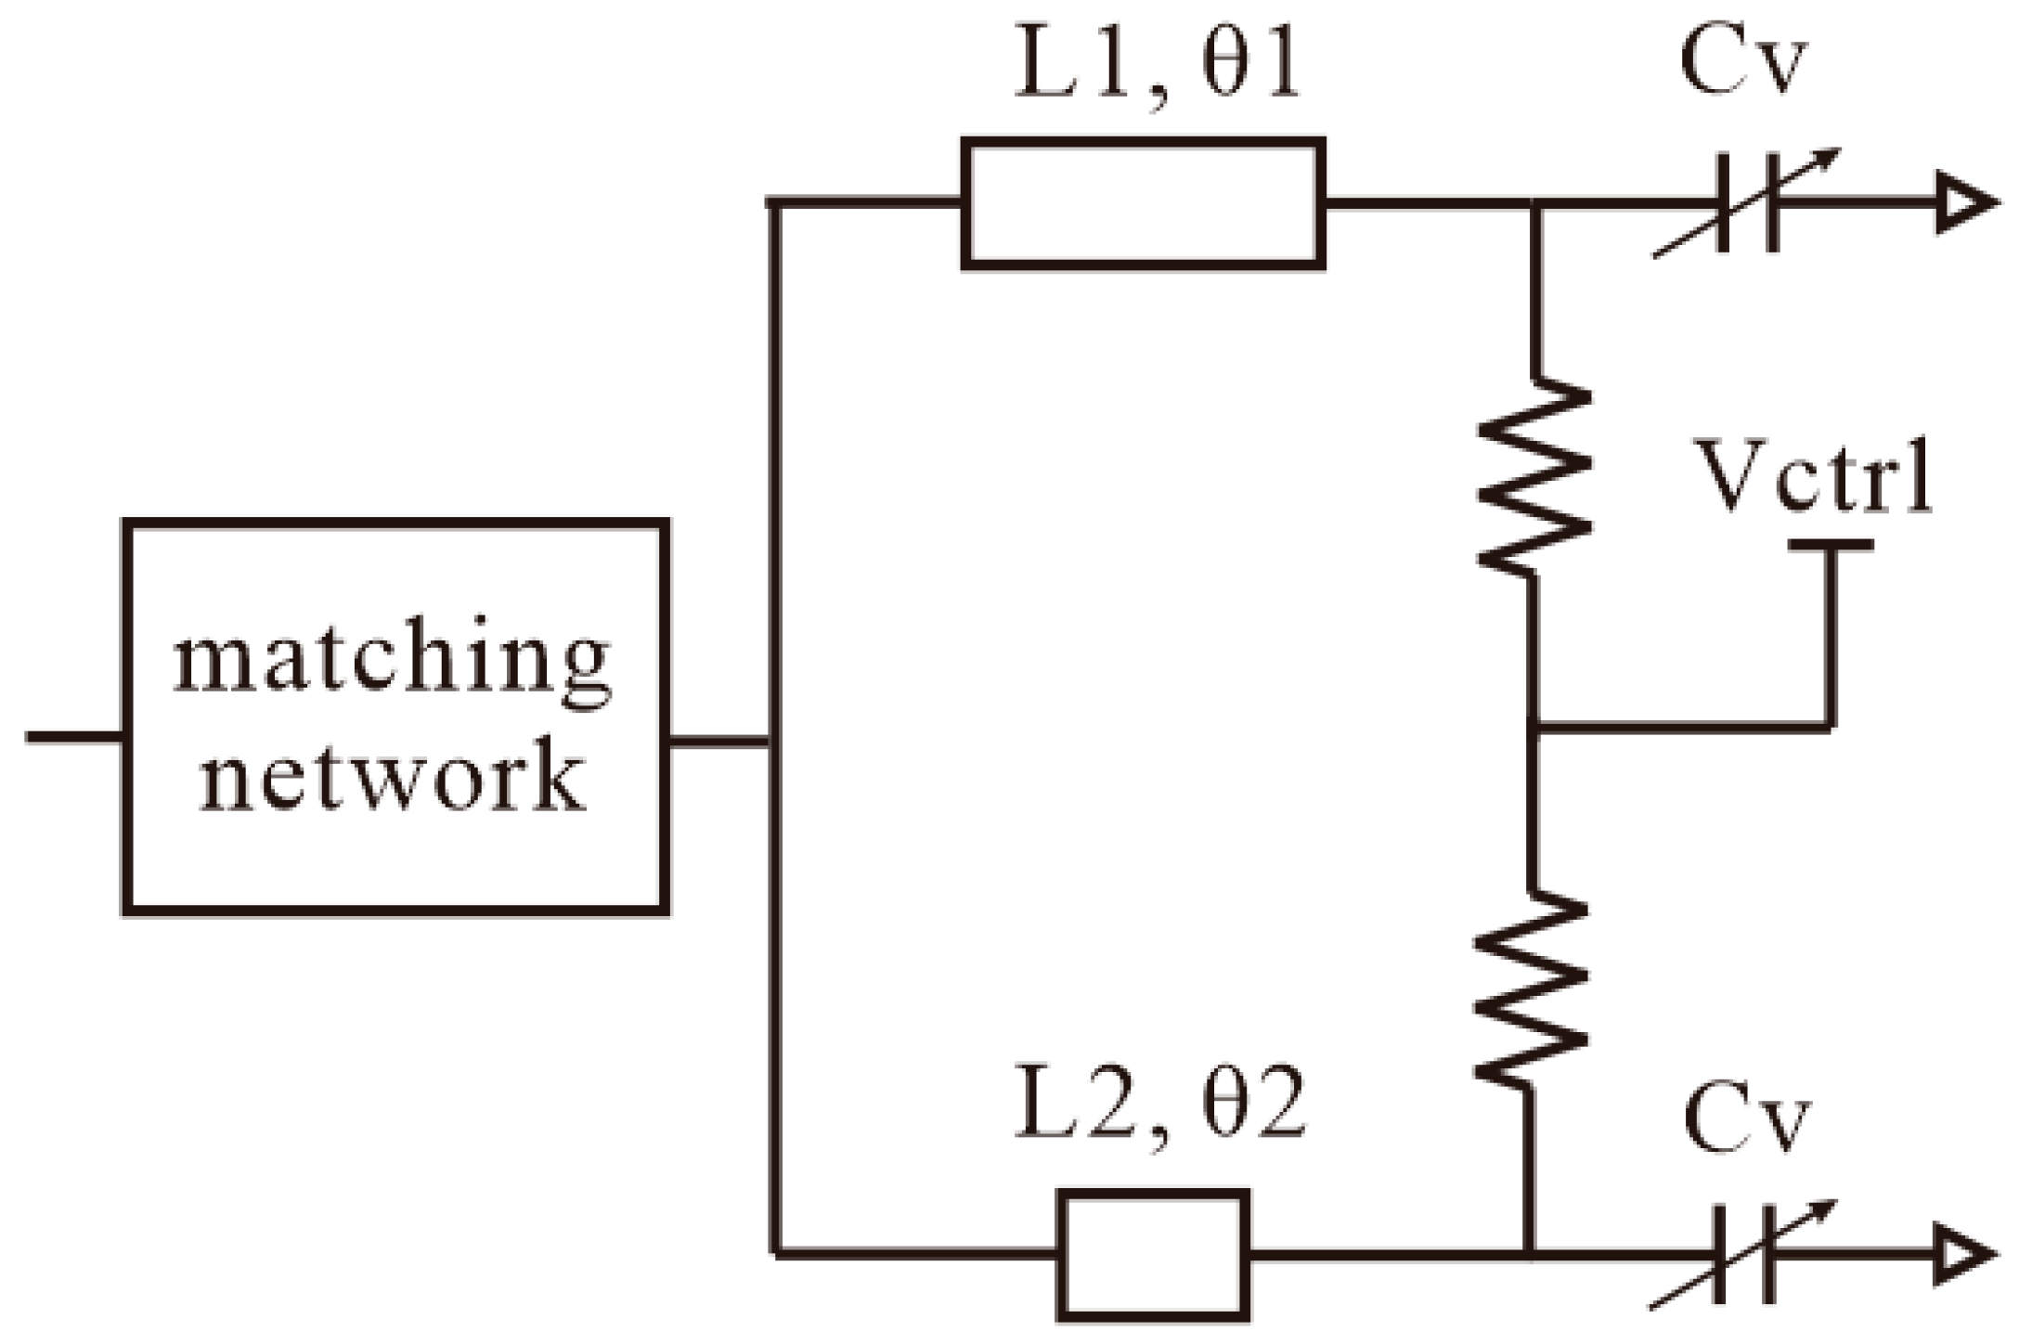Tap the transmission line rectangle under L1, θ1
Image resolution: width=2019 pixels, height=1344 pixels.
click(1143, 203)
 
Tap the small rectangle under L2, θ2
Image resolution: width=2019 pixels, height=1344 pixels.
click(1153, 1255)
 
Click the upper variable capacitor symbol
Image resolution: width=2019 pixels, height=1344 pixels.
click(1748, 203)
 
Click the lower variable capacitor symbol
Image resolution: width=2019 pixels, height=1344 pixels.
click(1745, 1255)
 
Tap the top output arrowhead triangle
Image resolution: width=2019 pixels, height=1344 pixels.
click(1963, 203)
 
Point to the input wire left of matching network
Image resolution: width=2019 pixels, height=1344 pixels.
click(74, 737)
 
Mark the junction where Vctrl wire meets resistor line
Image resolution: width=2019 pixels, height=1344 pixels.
click(1534, 729)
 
